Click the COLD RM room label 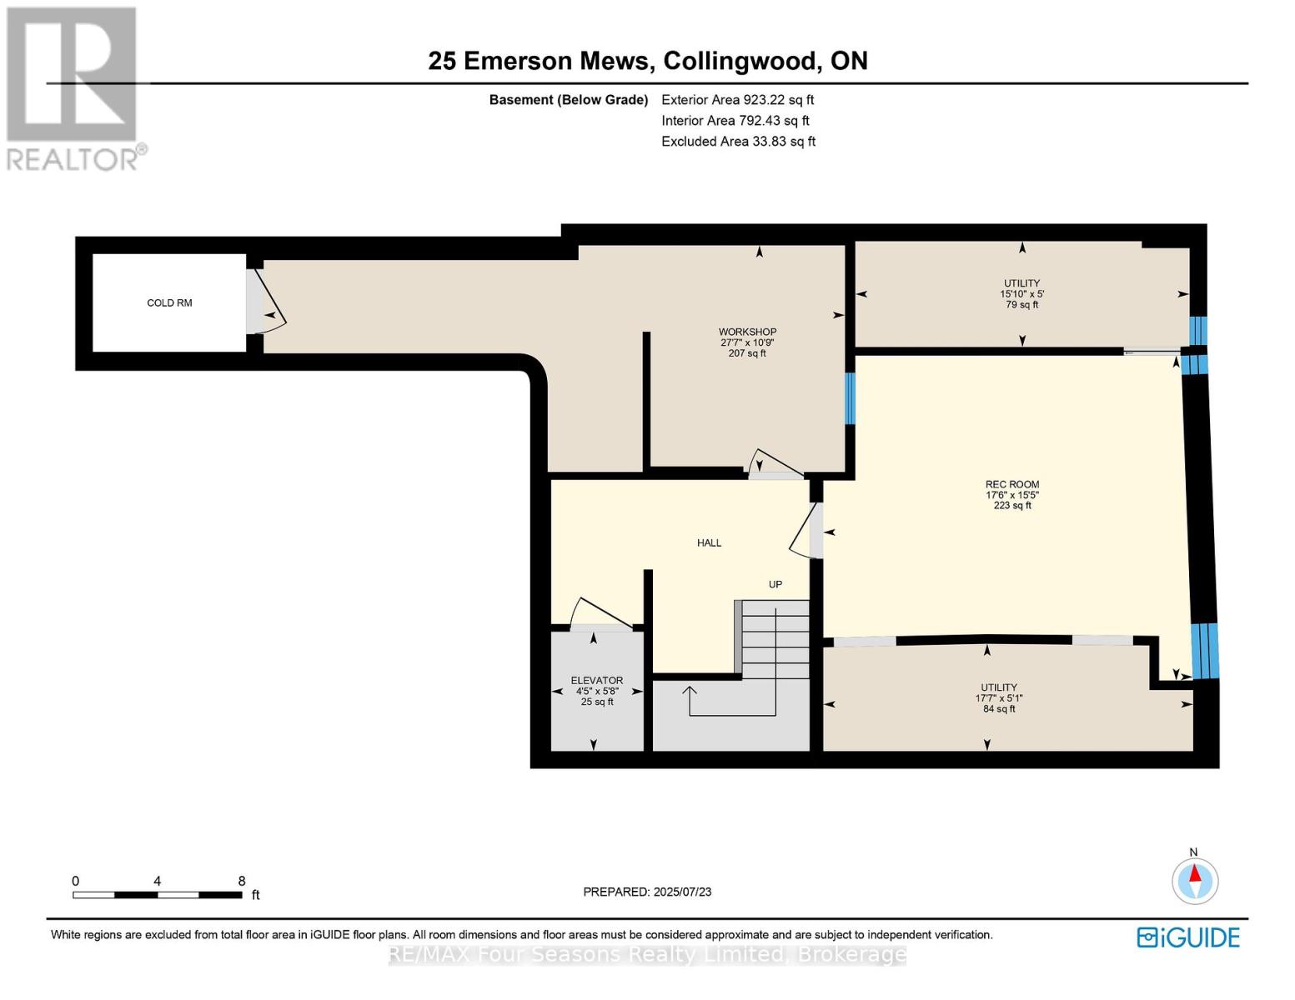point(169,302)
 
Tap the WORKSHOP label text point(747,332)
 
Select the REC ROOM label point(1011,484)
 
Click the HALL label point(709,542)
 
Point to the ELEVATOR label point(596,680)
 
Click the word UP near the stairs point(775,584)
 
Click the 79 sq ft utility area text point(1021,305)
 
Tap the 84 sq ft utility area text point(999,709)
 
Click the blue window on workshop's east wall point(850,398)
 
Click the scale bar point(157,894)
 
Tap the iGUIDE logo point(1187,937)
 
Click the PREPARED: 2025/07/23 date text point(647,892)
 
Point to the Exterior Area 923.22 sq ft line point(737,100)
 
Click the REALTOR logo point(73,88)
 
